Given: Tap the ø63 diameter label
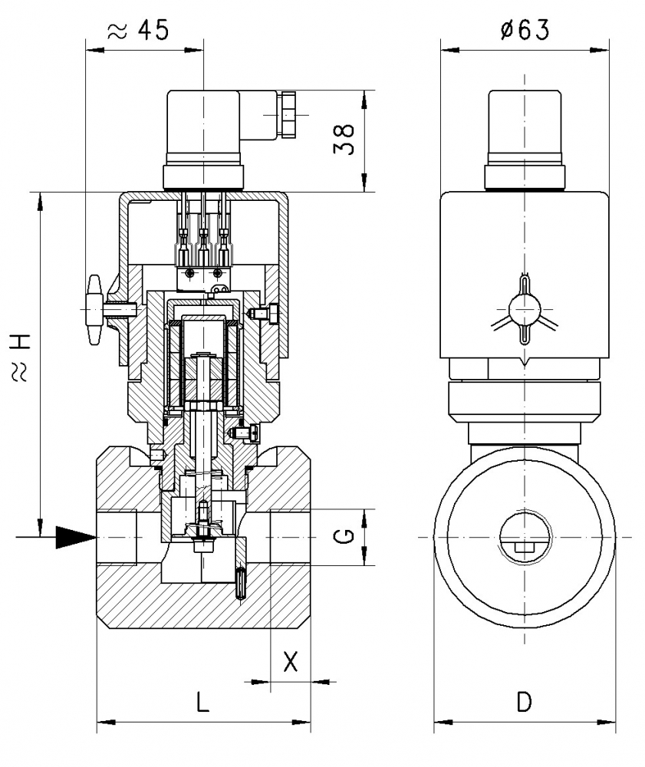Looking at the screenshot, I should (x=525, y=30).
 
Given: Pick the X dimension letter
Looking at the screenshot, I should (x=290, y=661).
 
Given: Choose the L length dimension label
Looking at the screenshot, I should (x=202, y=702).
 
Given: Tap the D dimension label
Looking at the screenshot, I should (x=524, y=702).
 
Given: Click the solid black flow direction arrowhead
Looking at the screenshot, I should (x=76, y=538).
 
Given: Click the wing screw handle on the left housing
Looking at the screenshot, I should (x=94, y=311).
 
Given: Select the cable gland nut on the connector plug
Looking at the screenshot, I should (x=289, y=115).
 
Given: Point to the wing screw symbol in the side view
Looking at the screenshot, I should (x=525, y=310).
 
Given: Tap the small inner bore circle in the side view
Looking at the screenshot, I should (x=525, y=537).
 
